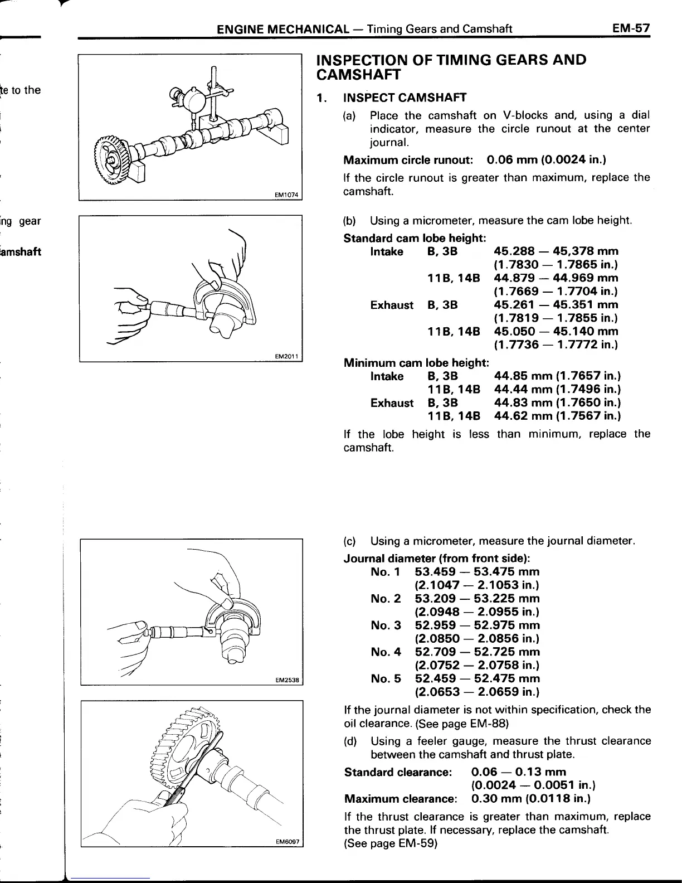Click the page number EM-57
click(x=630, y=28)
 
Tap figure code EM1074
click(x=287, y=195)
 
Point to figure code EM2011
click(x=287, y=356)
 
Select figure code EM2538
click(x=287, y=680)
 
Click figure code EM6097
click(x=288, y=843)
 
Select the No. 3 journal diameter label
click(x=386, y=625)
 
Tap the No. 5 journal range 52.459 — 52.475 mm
click(x=477, y=679)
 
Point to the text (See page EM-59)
click(x=391, y=843)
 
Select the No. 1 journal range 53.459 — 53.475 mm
click(x=477, y=572)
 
